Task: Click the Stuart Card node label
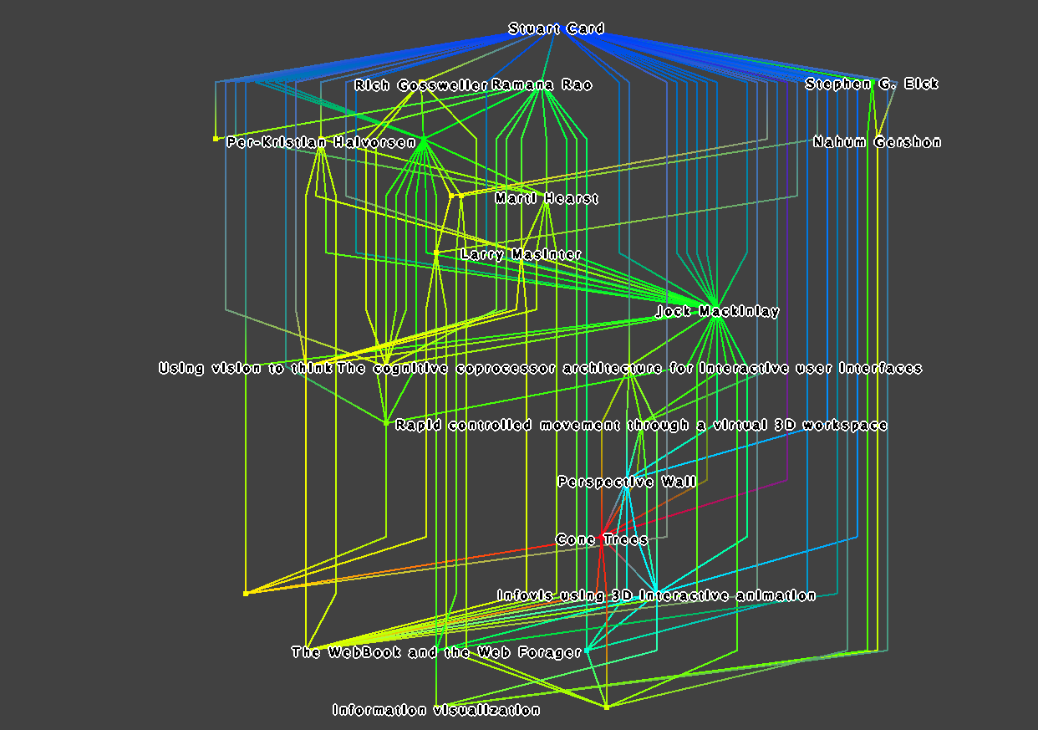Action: [556, 28]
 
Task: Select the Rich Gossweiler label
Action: [420, 85]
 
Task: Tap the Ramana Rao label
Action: [542, 84]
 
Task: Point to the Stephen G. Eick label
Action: [872, 84]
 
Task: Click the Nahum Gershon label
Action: [878, 142]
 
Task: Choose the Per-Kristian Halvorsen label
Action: [321, 142]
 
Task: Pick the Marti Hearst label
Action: [547, 198]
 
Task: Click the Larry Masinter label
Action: [522, 254]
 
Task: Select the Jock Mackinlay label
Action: [718, 311]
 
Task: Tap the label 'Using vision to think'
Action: [246, 368]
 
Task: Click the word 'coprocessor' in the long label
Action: [506, 368]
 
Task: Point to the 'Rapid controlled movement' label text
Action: [507, 425]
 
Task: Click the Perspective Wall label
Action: [627, 482]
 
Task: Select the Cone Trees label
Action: [602, 539]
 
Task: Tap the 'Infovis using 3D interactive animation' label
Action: [656, 595]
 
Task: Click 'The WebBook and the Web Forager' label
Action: [436, 652]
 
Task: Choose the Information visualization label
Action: [436, 710]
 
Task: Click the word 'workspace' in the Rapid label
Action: [845, 425]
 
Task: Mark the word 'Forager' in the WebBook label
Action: [550, 652]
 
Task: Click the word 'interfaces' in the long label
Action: [880, 368]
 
